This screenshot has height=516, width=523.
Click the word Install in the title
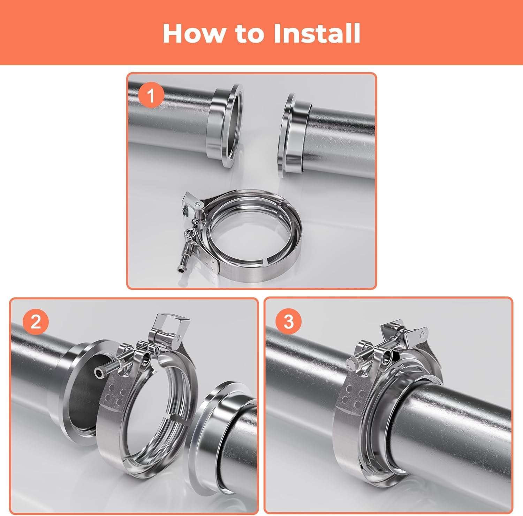coord(317,34)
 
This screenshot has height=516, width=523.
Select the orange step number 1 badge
coord(151,95)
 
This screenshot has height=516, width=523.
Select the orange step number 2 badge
coord(36,321)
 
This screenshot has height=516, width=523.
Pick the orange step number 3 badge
coord(288,321)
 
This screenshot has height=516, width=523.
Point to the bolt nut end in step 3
coord(352,363)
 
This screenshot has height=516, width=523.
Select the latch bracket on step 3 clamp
coord(417,337)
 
